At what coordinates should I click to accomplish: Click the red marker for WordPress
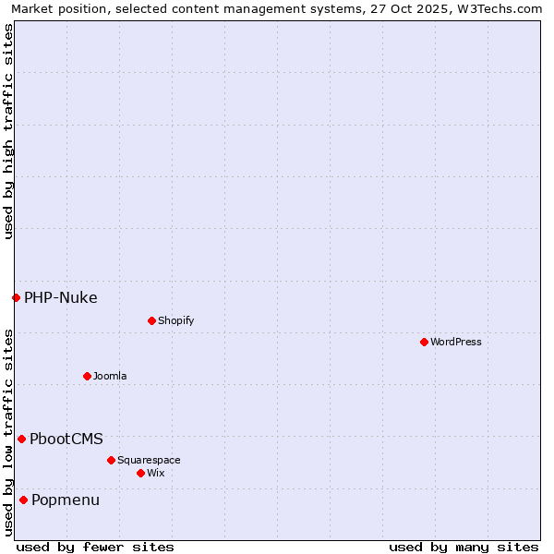click(x=424, y=342)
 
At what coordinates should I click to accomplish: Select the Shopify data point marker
click(x=151, y=320)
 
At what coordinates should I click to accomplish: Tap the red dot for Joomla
click(x=87, y=376)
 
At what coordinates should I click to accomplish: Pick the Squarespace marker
click(x=111, y=460)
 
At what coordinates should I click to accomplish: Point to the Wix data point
click(x=140, y=473)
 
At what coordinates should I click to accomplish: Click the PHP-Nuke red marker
click(x=16, y=297)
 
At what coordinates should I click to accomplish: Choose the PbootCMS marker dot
click(x=21, y=439)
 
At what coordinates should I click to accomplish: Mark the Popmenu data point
click(x=23, y=500)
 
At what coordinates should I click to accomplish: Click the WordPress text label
click(x=456, y=342)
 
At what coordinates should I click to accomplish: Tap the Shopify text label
click(x=176, y=320)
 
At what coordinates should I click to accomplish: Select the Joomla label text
click(x=110, y=376)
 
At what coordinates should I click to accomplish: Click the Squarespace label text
click(x=149, y=460)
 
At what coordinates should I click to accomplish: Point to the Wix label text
click(x=156, y=473)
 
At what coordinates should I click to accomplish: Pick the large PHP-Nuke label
click(x=61, y=297)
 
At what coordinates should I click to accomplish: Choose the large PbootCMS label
click(x=66, y=439)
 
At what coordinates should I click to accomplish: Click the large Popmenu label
click(x=66, y=500)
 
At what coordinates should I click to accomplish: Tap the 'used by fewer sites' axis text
click(x=95, y=547)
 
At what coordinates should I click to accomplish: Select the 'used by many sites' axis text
click(x=464, y=547)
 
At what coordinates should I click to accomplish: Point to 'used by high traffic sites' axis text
click(x=8, y=131)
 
